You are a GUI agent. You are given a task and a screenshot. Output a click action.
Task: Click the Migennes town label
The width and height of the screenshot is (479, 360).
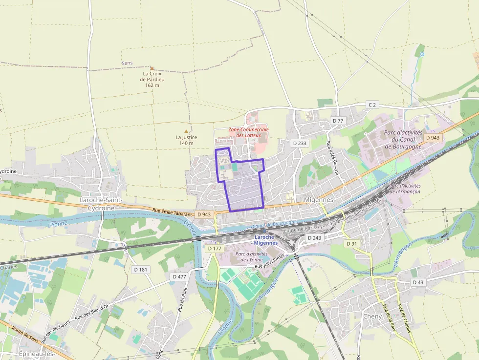pyautogui.click(x=318, y=200)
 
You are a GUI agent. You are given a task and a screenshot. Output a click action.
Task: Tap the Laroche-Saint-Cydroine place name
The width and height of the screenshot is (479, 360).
pyautogui.click(x=100, y=204)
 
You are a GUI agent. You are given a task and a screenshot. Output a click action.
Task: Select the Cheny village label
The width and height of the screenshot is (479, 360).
pyautogui.click(x=372, y=316)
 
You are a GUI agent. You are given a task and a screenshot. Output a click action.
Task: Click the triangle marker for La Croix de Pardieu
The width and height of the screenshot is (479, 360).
pyautogui.click(x=152, y=68)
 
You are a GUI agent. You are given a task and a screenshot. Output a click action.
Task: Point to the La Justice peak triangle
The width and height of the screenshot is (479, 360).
pyautogui.click(x=186, y=131)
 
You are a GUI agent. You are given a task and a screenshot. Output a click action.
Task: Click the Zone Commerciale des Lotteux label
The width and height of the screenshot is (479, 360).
pyautogui.click(x=248, y=132)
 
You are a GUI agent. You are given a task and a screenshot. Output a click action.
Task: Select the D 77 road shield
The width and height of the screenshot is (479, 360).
pyautogui.click(x=338, y=120)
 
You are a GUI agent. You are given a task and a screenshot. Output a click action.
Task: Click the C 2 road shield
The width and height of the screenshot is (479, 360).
pyautogui.click(x=373, y=105)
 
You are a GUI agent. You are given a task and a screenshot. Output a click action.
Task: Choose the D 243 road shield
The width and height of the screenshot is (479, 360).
pyautogui.click(x=314, y=237)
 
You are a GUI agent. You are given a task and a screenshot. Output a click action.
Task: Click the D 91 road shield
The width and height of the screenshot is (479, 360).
pyautogui.click(x=351, y=243)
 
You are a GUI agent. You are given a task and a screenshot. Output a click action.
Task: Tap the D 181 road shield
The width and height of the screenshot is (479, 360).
pyautogui.click(x=140, y=269)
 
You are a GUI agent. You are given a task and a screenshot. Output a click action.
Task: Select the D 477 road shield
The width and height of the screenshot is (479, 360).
pyautogui.click(x=179, y=276)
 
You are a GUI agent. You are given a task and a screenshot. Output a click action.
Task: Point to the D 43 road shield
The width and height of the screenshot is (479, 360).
pyautogui.click(x=418, y=282)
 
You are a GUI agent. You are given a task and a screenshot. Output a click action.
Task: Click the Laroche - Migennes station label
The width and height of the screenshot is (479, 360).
pyautogui.click(x=266, y=240)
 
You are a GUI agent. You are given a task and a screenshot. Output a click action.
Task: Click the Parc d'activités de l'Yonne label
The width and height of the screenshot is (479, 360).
pyautogui.click(x=251, y=256)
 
